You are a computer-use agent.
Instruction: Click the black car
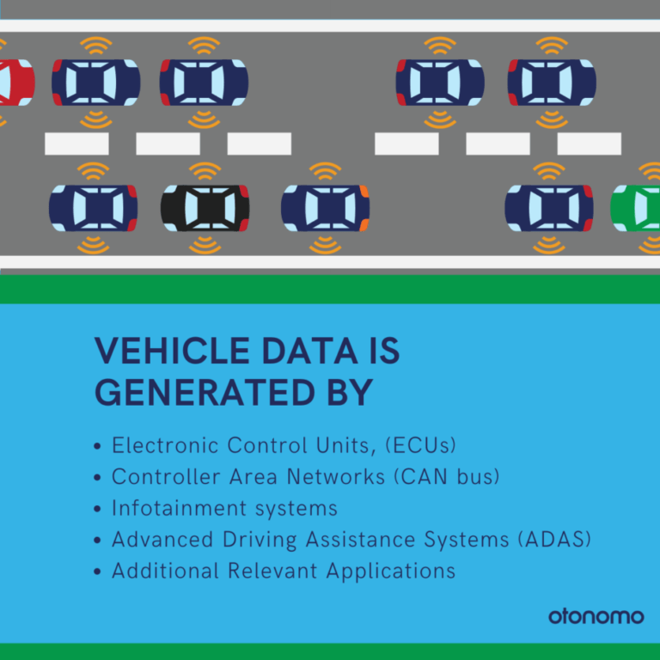(205, 208)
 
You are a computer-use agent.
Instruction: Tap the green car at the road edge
(635, 208)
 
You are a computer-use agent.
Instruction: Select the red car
(17, 82)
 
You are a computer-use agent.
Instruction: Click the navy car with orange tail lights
(326, 208)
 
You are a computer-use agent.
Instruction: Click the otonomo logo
(596, 616)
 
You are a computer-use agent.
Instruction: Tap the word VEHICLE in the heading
(172, 351)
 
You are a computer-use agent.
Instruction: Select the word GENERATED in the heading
(205, 392)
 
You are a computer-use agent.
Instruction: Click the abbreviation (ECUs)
(421, 445)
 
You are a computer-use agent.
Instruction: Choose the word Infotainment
(179, 508)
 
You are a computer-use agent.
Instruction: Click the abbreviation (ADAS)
(555, 539)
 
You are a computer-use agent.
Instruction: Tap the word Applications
(391, 571)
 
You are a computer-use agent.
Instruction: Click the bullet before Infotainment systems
(97, 509)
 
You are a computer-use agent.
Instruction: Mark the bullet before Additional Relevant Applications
(97, 572)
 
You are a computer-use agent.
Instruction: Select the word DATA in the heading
(309, 351)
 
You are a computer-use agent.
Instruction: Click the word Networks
(335, 476)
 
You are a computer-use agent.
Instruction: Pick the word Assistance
(360, 539)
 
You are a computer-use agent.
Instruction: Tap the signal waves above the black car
(205, 171)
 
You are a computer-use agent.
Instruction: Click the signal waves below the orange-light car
(326, 245)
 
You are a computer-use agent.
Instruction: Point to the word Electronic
(165, 445)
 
